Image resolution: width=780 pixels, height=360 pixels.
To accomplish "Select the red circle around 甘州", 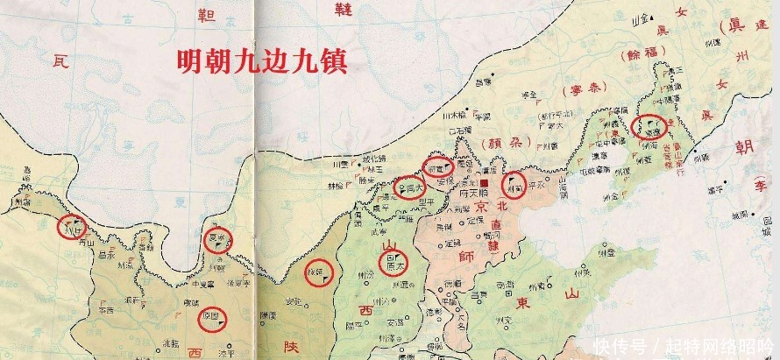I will pyautogui.click(x=70, y=226).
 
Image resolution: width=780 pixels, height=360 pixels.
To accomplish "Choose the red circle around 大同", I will pyautogui.click(x=408, y=187).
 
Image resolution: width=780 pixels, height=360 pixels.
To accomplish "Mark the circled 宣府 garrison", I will pyautogui.click(x=437, y=165).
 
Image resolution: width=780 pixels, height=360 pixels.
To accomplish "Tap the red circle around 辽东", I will pyautogui.click(x=649, y=126).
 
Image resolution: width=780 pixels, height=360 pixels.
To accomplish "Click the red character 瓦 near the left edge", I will pyautogui.click(x=59, y=61).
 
